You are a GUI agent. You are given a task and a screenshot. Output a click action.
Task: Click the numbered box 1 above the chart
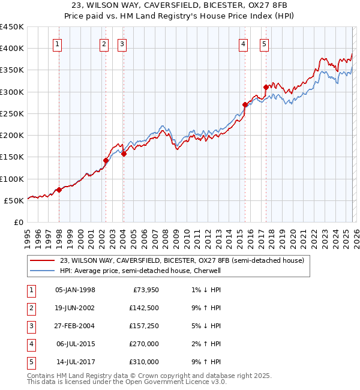(58, 43)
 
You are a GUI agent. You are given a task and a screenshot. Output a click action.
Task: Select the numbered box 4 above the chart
(244, 43)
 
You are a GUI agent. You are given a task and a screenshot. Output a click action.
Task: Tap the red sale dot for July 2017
(265, 87)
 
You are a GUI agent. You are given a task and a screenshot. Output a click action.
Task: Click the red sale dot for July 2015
(244, 104)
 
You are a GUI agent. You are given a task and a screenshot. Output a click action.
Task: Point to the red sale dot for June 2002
(106, 160)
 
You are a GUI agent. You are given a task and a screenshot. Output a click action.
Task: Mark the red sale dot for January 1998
(59, 190)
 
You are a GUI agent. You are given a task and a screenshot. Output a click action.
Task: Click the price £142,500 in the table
(143, 308)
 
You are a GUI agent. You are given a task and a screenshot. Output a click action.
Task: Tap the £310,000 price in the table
(143, 362)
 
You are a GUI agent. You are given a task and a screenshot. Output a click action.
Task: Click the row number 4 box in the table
(31, 344)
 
